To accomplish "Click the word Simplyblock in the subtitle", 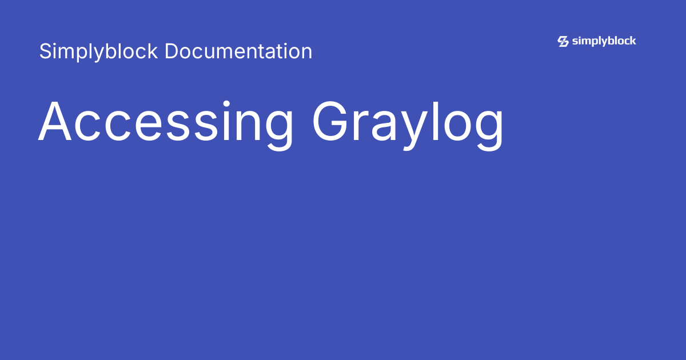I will coord(98,52).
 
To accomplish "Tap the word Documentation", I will coord(238,51).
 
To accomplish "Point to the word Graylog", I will coord(408,123).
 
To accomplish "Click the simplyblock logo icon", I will coord(563,41).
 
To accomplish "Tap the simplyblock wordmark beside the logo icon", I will coord(604,41).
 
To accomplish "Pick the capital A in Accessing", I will coord(57,122).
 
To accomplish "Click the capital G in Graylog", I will coord(332,122).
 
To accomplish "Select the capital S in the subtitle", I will coord(45,51).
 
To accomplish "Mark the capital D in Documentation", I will coord(171,51).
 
